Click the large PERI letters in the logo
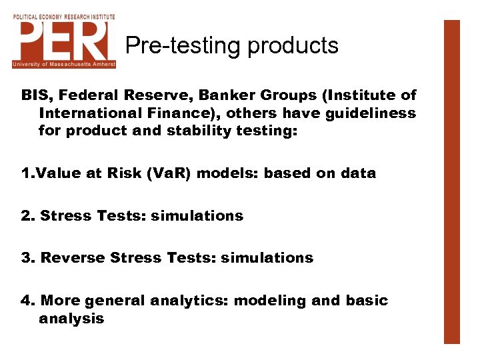click(x=63, y=41)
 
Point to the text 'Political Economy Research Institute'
click(x=64, y=16)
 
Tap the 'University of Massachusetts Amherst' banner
click(x=64, y=64)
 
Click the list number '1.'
click(x=27, y=173)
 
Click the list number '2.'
click(x=28, y=216)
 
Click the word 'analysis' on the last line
click(x=71, y=318)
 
